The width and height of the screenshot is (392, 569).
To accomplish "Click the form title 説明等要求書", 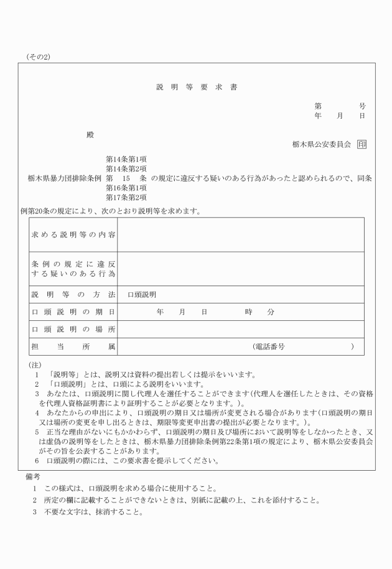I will coord(196,87).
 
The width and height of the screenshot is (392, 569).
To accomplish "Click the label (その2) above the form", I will coord(39,57).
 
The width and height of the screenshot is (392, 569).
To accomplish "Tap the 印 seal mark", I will coord(362,144).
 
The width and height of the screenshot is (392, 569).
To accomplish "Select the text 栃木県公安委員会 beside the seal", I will coord(322,144).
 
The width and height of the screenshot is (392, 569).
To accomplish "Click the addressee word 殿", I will coord(90,134).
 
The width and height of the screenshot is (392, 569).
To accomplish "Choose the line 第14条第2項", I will coord(126,169).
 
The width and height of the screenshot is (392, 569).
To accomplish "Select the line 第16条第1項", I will coord(126,188).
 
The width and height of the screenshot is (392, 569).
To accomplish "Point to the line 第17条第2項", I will coord(126,197).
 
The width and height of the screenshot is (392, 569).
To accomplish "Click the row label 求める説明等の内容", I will coord(73,235).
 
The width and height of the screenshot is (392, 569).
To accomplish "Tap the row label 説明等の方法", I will coord(73,294).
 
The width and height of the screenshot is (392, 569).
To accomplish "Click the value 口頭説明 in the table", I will coord(142,294).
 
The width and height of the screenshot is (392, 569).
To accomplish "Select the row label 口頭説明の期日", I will coord(73,312).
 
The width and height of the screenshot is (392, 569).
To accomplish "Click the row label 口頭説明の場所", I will coord(73,329).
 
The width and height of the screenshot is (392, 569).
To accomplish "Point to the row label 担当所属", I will coord(73,346).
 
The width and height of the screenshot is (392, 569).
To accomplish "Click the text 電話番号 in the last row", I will coord(269,346).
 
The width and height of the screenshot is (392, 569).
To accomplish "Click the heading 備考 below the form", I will coord(33,476).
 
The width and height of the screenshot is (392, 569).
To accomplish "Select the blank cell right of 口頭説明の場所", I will coord(240,329).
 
